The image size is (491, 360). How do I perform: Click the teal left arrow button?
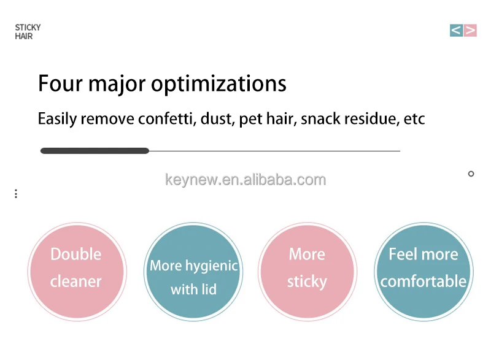(456, 30)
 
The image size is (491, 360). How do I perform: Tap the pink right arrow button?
(470, 30)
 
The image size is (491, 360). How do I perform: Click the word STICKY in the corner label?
(28, 28)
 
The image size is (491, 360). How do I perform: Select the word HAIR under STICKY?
(24, 36)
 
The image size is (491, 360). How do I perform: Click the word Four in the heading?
(60, 83)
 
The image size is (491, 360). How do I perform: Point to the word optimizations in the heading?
(218, 85)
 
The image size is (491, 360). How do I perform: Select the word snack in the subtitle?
(320, 119)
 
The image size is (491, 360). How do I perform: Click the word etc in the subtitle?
(414, 119)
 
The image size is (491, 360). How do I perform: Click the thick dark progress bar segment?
(95, 151)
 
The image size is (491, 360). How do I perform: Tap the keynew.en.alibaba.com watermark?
(245, 180)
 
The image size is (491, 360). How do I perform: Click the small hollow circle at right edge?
(471, 174)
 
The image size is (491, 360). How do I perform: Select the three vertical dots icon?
(16, 194)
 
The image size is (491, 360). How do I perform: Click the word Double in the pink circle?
(76, 254)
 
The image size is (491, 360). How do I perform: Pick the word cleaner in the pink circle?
(75, 281)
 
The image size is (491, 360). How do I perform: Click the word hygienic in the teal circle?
(212, 266)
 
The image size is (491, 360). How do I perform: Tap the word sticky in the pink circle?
(307, 281)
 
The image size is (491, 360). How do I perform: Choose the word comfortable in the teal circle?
(423, 281)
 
